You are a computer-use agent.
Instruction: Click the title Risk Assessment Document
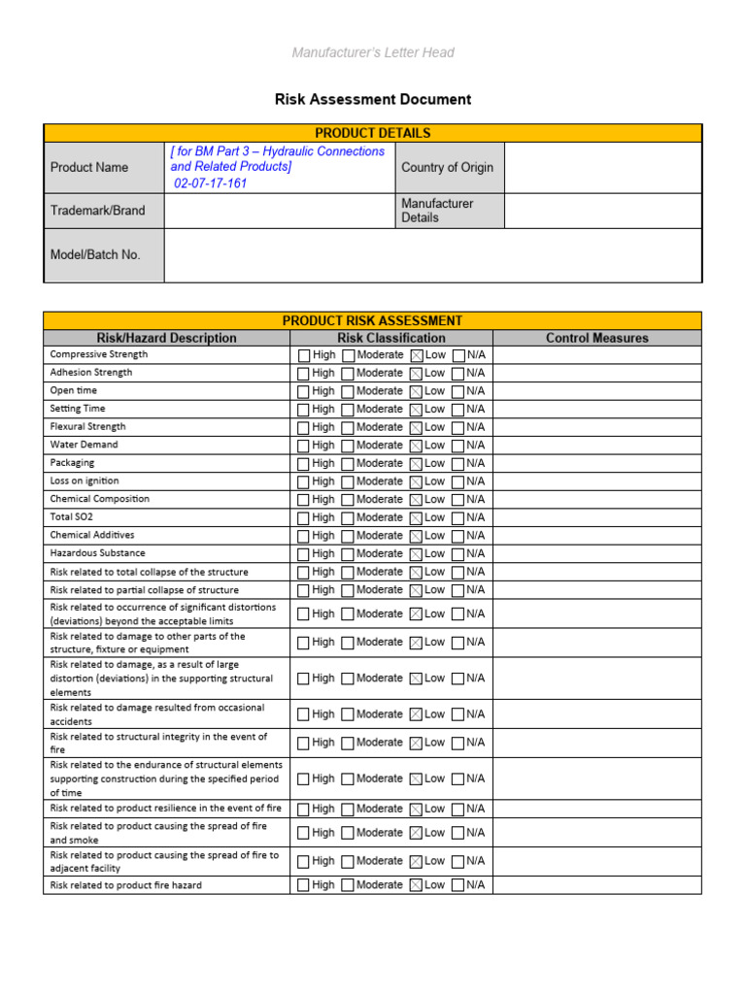pyautogui.click(x=373, y=99)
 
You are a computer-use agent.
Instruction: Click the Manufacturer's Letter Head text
pyautogui.click(x=373, y=52)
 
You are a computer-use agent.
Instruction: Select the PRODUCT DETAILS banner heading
pyautogui.click(x=373, y=133)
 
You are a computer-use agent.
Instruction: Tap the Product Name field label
pyautogui.click(x=89, y=167)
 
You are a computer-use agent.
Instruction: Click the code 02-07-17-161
pyautogui.click(x=211, y=183)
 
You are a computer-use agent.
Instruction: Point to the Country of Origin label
pyautogui.click(x=447, y=167)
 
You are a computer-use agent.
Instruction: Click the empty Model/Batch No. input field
pyautogui.click(x=432, y=255)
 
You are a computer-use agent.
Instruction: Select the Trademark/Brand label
pyautogui.click(x=97, y=211)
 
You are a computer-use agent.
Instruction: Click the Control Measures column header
pyautogui.click(x=596, y=338)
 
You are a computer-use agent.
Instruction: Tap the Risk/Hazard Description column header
pyautogui.click(x=166, y=338)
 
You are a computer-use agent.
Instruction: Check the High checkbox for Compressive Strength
pyautogui.click(x=304, y=355)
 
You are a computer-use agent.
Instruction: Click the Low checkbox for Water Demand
pyautogui.click(x=417, y=446)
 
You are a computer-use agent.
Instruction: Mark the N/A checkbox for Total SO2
pyautogui.click(x=458, y=518)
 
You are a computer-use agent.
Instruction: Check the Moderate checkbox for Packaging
pyautogui.click(x=348, y=464)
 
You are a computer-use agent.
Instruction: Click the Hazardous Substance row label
pyautogui.click(x=97, y=553)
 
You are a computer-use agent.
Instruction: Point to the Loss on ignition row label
pyautogui.click(x=85, y=480)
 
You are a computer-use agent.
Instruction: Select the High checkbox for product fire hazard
pyautogui.click(x=304, y=885)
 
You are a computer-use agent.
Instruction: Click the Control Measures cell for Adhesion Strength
pyautogui.click(x=596, y=373)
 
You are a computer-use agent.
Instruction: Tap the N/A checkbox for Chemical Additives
pyautogui.click(x=458, y=536)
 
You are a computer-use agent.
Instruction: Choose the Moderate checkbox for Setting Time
pyautogui.click(x=348, y=410)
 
